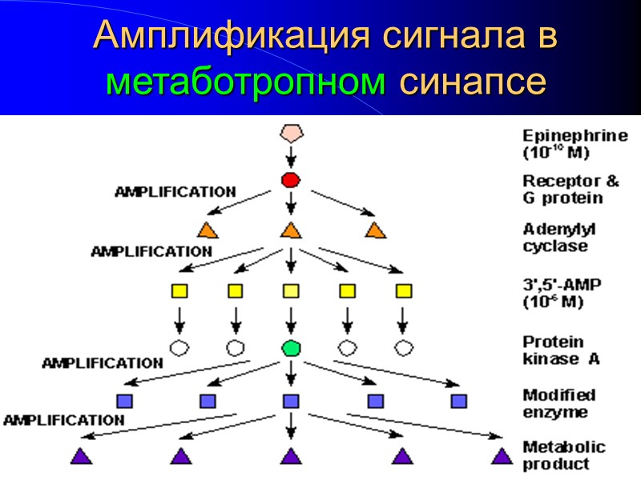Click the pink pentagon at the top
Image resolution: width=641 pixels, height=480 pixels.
tap(291, 134)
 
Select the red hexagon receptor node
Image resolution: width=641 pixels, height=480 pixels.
tap(291, 181)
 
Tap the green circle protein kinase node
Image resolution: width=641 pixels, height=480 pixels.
tap(291, 348)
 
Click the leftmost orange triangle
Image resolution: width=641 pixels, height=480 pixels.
tap(208, 230)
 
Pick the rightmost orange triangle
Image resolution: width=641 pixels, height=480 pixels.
tap(374, 230)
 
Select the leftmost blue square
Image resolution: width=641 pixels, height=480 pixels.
tap(124, 400)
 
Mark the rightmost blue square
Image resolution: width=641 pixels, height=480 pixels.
tap(458, 400)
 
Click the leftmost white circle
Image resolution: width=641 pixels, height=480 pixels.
tap(179, 348)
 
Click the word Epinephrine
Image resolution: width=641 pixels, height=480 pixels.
tap(574, 136)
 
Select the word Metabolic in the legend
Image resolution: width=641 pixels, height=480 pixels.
tap(564, 447)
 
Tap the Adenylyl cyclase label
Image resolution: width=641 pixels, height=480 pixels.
tap(564, 238)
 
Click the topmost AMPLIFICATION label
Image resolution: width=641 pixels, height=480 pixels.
tap(175, 192)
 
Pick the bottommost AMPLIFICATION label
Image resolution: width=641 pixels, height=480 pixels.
tap(64, 420)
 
